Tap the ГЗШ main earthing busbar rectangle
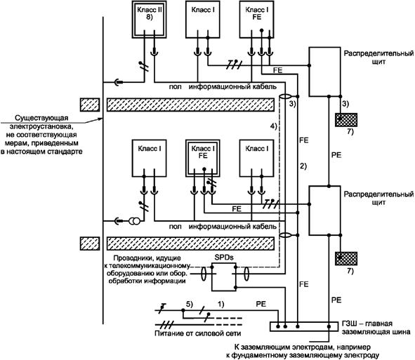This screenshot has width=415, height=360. pos(304,327)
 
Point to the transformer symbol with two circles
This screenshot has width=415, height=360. pos(134,221)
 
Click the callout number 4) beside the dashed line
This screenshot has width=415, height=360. pos(273,126)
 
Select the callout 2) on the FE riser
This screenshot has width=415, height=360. pos(303,166)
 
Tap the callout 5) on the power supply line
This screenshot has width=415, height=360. pos(190,304)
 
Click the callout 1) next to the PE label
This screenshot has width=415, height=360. pos(220,304)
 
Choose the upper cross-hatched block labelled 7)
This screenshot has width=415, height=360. pos(346,120)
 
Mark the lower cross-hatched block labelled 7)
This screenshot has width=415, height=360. pos(346,259)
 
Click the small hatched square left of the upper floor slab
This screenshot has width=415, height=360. pos(90,105)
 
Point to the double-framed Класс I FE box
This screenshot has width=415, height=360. pos(203,159)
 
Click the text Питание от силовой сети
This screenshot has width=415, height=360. pos(198,333)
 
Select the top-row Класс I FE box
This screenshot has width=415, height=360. pos(257,20)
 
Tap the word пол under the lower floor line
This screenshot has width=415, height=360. pos(176,227)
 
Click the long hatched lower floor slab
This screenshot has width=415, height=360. pos(190,244)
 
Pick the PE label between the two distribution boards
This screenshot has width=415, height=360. pos(336,155)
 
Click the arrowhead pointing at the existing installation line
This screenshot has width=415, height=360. pos(100,119)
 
